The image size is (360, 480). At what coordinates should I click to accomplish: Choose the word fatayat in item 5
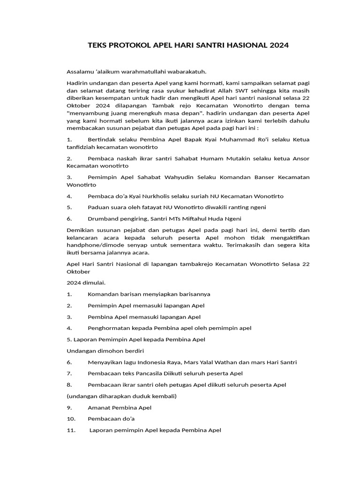click(x=145, y=207)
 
